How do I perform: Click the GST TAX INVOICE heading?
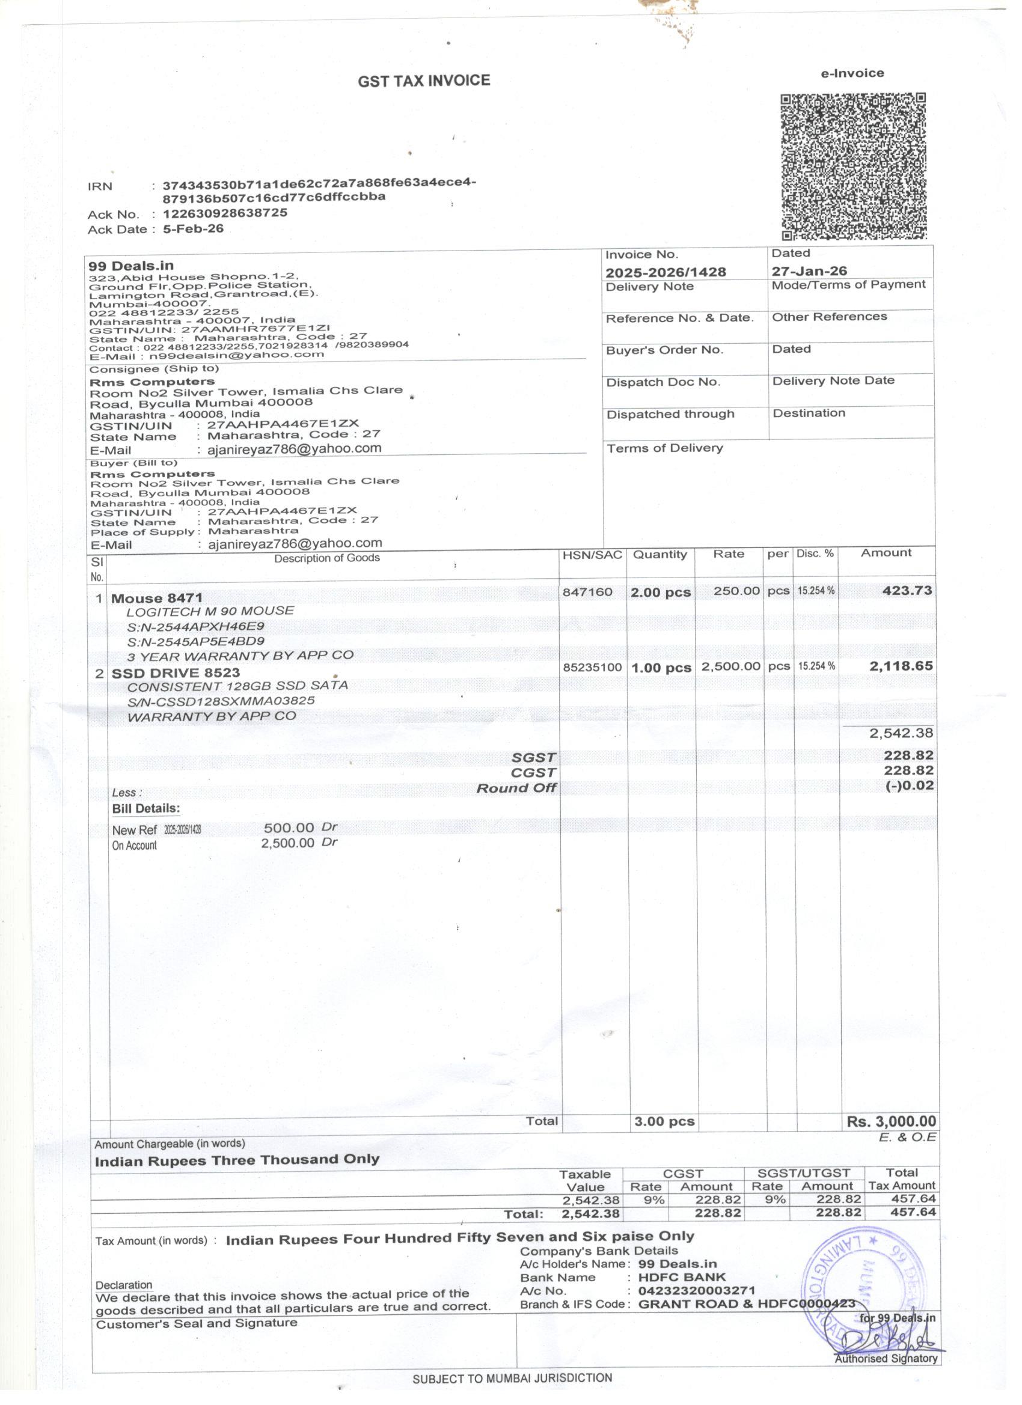(x=423, y=81)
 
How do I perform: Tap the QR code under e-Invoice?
(x=853, y=166)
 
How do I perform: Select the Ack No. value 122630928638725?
(x=225, y=213)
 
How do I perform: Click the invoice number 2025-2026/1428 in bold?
(x=665, y=272)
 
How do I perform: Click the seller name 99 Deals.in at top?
(x=131, y=266)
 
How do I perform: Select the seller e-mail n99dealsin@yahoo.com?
(x=236, y=355)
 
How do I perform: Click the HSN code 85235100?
(x=592, y=667)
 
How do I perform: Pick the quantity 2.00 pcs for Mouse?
(x=660, y=593)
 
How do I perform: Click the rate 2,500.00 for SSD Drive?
(x=730, y=666)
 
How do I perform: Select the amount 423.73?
(x=907, y=590)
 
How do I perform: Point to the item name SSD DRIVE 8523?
(x=176, y=673)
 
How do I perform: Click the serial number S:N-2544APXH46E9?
(x=195, y=626)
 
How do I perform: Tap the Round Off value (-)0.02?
(x=909, y=785)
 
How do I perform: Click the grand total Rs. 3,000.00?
(x=890, y=1121)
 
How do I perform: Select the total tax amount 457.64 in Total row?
(x=913, y=1212)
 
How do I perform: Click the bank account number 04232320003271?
(x=696, y=1290)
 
